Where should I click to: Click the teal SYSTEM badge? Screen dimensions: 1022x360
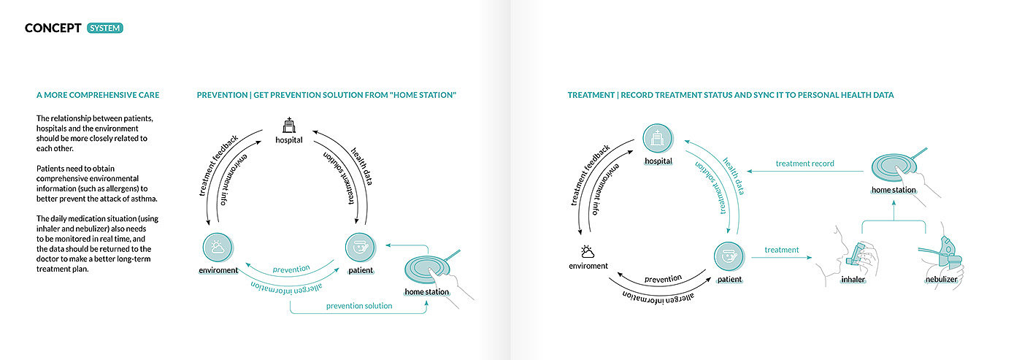coord(105,28)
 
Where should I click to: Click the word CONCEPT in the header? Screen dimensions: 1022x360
coord(53,28)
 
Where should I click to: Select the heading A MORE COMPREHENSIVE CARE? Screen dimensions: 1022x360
coord(98,96)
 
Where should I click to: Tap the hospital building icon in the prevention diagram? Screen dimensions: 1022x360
coord(288,125)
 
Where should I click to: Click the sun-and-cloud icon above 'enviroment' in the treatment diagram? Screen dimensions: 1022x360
coord(588,250)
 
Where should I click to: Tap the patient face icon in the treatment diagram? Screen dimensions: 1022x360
coord(729,258)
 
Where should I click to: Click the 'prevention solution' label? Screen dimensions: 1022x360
coord(359,306)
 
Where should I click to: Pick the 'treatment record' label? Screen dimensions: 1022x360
coord(804,164)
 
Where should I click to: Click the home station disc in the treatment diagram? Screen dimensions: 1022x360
coord(893,164)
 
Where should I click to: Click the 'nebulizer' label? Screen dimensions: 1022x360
coord(941,280)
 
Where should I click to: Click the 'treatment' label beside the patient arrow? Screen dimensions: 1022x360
coord(782,250)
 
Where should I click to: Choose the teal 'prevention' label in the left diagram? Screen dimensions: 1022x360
coord(291,269)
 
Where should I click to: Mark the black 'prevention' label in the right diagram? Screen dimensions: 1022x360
coord(663,279)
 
